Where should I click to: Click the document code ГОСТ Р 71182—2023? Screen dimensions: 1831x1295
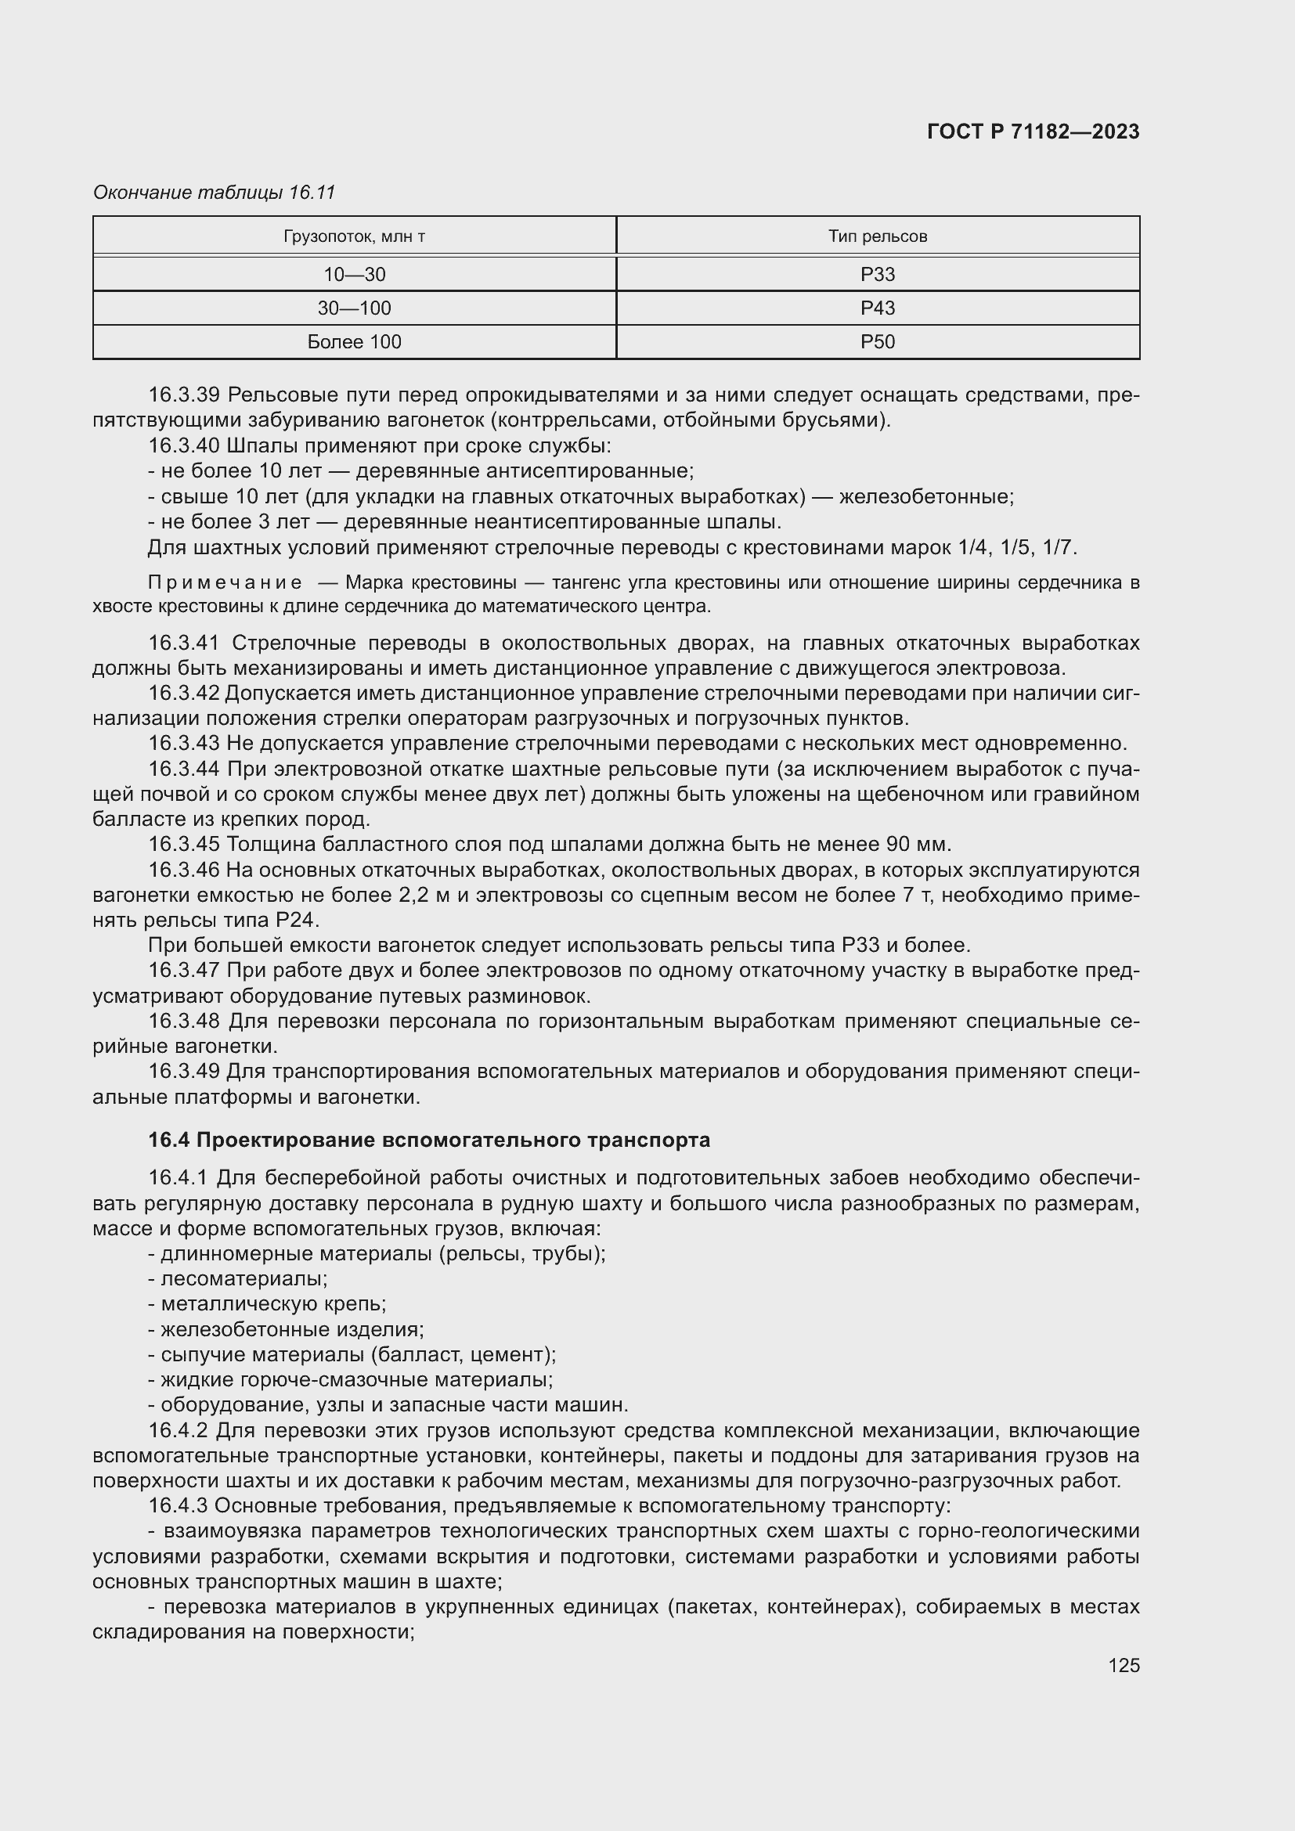(x=1033, y=132)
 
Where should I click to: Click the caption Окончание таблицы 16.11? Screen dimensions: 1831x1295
(x=214, y=193)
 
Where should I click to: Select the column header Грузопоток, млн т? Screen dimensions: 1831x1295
(x=354, y=236)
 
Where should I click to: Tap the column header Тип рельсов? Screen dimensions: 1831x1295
(x=877, y=236)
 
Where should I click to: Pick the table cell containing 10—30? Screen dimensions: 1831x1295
(x=354, y=274)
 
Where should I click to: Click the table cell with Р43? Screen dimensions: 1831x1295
(x=877, y=308)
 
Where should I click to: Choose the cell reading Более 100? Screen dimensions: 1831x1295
(x=354, y=342)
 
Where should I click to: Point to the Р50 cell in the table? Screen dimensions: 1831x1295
(x=877, y=342)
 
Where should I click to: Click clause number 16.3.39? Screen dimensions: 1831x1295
(x=184, y=395)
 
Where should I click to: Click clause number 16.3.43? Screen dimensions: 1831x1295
(x=184, y=743)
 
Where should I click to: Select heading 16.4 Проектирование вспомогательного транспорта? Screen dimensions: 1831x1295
(x=429, y=1141)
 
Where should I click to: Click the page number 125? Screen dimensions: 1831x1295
(x=1124, y=1666)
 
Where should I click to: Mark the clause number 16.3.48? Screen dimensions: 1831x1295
(x=184, y=1021)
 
